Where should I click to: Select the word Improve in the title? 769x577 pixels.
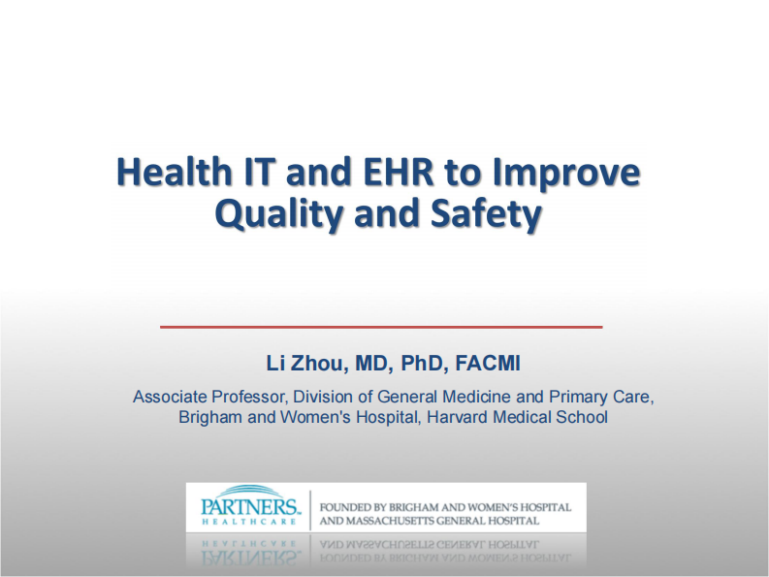(x=566, y=174)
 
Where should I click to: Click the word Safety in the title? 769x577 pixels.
(x=484, y=213)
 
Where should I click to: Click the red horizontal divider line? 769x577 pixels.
(x=381, y=327)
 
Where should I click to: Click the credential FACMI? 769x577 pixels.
(x=488, y=364)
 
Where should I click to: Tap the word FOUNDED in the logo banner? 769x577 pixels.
(x=347, y=507)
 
